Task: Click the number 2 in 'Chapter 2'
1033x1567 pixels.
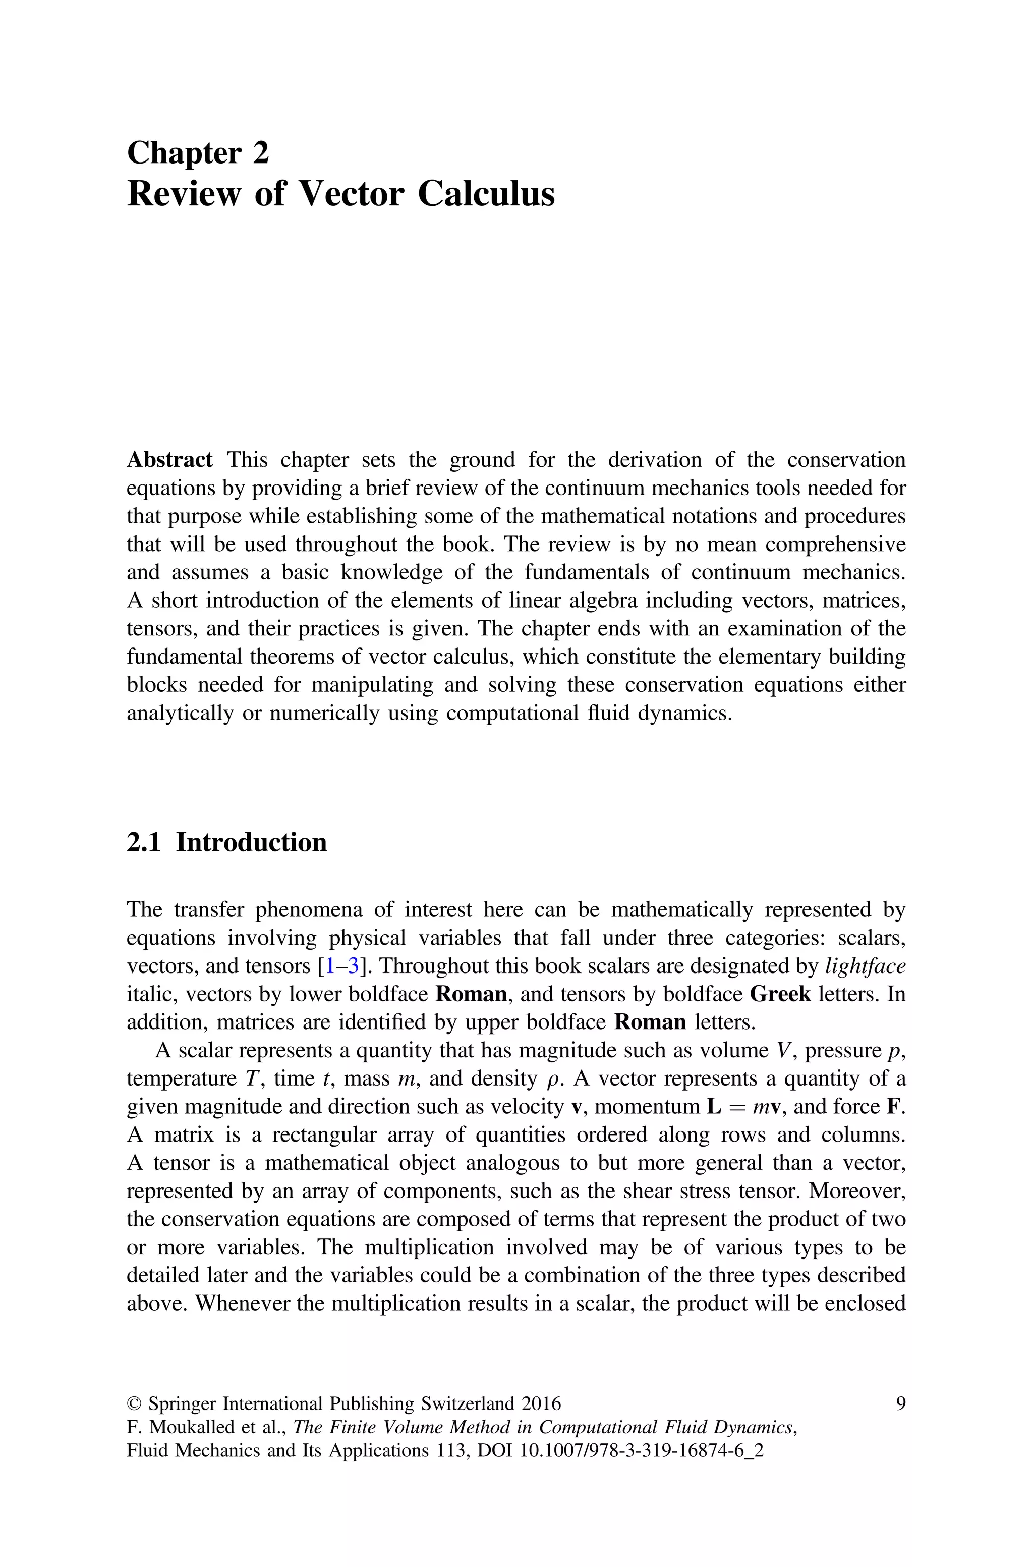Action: click(x=260, y=153)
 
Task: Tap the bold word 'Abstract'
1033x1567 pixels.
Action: click(x=169, y=459)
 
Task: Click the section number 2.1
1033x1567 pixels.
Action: click(x=144, y=842)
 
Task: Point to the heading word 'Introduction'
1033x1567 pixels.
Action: click(x=251, y=842)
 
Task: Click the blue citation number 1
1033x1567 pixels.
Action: click(x=329, y=966)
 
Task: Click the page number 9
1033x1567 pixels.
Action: click(x=900, y=1404)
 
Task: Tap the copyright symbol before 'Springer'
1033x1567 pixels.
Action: click(x=134, y=1404)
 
